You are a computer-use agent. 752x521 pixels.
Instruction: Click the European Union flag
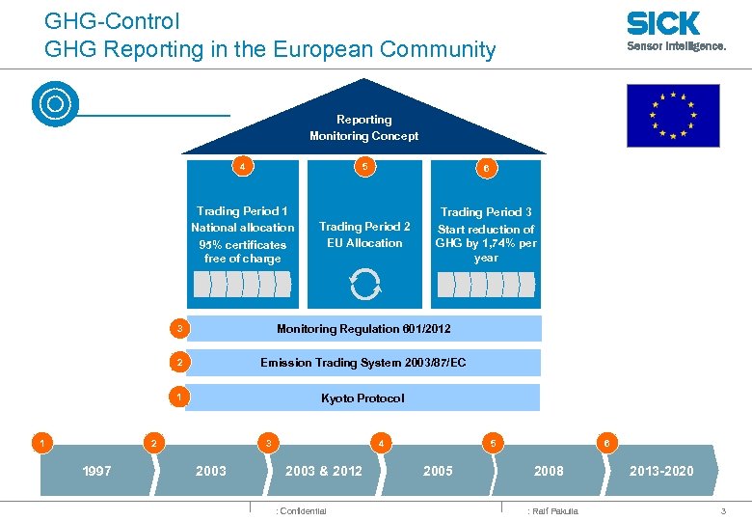click(673, 115)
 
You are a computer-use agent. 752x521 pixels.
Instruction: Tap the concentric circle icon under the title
click(54, 104)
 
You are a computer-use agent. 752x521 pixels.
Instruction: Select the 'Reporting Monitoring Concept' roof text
click(363, 128)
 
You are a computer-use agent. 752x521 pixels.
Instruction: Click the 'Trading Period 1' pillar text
click(242, 234)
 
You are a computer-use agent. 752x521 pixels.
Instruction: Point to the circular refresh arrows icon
click(365, 285)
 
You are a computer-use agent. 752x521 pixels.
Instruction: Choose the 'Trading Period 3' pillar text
click(486, 234)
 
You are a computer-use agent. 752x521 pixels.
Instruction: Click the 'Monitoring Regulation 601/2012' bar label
click(363, 329)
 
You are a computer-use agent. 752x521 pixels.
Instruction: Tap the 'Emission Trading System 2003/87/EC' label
click(363, 363)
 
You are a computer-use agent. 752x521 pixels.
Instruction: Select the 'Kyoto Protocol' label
click(363, 398)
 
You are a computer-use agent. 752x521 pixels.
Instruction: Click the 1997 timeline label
click(96, 471)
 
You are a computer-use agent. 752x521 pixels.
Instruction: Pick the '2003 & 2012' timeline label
click(324, 471)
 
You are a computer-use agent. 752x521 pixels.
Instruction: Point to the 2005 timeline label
click(438, 471)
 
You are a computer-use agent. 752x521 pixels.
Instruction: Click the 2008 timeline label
click(549, 471)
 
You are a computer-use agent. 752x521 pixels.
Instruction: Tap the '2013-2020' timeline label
click(660, 471)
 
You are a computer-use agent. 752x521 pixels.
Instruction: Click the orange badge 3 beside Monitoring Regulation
click(178, 329)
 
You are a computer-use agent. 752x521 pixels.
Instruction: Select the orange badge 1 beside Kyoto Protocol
click(178, 397)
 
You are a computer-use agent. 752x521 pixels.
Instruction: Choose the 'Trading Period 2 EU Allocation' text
click(364, 234)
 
